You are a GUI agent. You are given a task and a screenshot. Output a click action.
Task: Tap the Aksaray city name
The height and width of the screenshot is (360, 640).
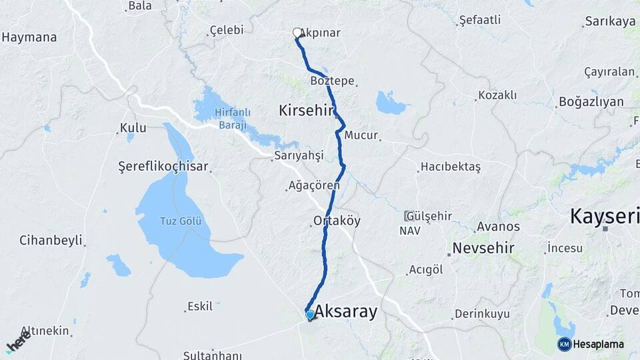pyautogui.click(x=345, y=311)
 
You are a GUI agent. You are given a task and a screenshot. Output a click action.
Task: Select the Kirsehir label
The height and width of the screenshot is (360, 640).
pyautogui.click(x=306, y=111)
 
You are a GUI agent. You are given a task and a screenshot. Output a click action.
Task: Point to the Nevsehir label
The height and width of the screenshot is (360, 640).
pyautogui.click(x=483, y=248)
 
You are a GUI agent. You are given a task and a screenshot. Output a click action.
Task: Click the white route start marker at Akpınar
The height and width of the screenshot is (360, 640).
pyautogui.click(x=297, y=32)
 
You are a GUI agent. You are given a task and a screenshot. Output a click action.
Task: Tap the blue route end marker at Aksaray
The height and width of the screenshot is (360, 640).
pyautogui.click(x=310, y=314)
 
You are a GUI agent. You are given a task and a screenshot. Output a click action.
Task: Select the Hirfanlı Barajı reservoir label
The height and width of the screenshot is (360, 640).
pyautogui.click(x=230, y=119)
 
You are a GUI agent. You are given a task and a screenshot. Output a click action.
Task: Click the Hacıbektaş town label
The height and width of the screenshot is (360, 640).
pyautogui.click(x=451, y=167)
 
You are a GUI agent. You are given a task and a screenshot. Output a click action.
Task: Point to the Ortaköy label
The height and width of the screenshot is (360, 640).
pyautogui.click(x=336, y=221)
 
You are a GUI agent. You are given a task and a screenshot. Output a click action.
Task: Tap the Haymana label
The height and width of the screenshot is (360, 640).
pyautogui.click(x=29, y=37)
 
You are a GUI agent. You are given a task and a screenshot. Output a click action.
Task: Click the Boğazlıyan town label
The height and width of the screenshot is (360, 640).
pyautogui.click(x=591, y=102)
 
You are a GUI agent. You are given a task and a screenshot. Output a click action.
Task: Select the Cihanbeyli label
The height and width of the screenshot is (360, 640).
pyautogui.click(x=51, y=239)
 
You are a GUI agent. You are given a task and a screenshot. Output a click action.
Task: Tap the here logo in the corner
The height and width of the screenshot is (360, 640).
pyautogui.click(x=17, y=344)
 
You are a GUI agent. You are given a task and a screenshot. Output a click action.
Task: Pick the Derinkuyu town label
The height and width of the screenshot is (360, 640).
pyautogui.click(x=482, y=313)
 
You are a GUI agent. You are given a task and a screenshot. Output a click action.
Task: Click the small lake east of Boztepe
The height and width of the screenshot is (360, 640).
pyautogui.click(x=391, y=103)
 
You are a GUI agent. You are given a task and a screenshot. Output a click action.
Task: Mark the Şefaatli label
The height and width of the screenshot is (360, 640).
pyautogui.click(x=480, y=20)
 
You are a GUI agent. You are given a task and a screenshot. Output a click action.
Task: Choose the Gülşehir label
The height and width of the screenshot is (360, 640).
pyautogui.click(x=429, y=216)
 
